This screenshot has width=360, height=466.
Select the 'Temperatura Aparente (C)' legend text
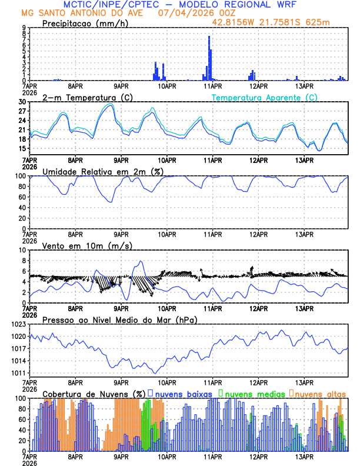(264, 97)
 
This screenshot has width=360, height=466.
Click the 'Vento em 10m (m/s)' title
(79, 245)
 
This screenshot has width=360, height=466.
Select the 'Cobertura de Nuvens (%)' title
(94, 394)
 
